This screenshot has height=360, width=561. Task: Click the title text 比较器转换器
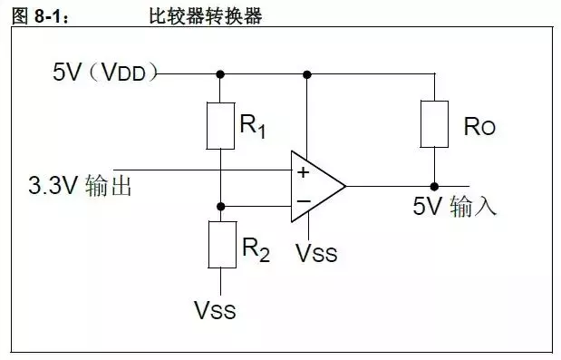(x=205, y=15)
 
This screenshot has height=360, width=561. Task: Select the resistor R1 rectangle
(x=221, y=126)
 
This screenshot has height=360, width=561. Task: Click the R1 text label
(x=253, y=126)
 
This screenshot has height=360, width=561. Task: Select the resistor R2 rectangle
(x=221, y=243)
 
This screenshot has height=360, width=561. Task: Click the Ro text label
(x=480, y=126)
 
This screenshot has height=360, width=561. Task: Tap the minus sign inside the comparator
(x=302, y=202)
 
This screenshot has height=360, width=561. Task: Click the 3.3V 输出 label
(x=82, y=187)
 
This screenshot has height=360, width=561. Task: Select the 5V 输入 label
(x=455, y=207)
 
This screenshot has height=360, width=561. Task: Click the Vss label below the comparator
(x=316, y=252)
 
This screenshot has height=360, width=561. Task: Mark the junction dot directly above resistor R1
(x=221, y=73)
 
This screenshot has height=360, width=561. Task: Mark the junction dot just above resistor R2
(x=221, y=207)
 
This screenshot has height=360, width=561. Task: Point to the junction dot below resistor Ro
(x=435, y=187)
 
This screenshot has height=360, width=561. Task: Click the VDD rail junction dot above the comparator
(x=308, y=73)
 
